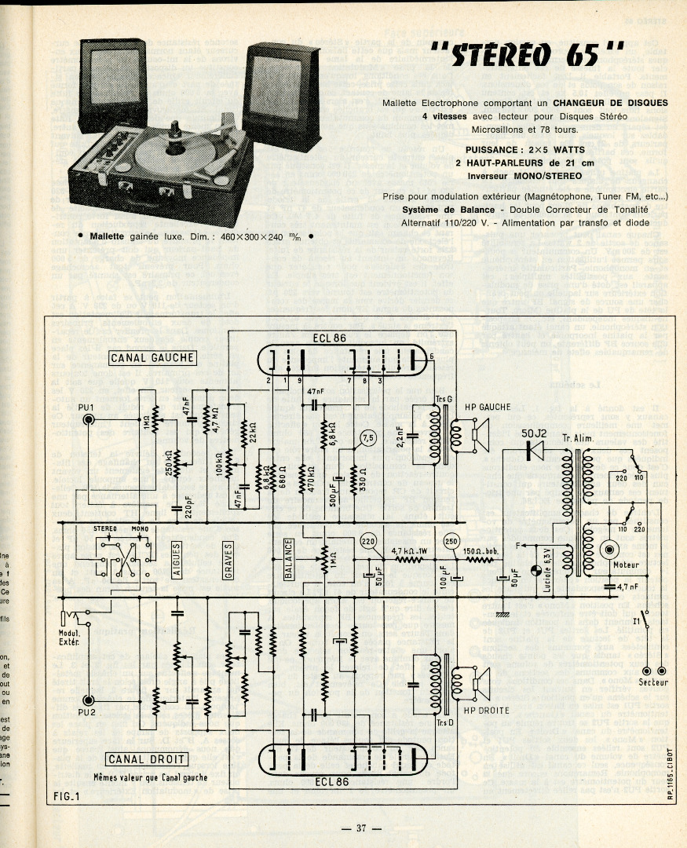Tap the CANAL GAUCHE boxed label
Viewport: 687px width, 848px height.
pos(152,358)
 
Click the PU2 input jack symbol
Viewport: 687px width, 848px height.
pos(89,700)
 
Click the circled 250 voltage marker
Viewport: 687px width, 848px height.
pos(451,541)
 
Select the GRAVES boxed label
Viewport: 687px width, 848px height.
pos(228,560)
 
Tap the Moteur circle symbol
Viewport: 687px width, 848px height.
pos(610,550)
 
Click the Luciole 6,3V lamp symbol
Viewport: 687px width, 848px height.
pos(535,572)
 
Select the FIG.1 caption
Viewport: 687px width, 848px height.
pos(68,797)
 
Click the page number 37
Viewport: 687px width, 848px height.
pos(361,828)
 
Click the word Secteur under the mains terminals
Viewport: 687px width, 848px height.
pos(653,683)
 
